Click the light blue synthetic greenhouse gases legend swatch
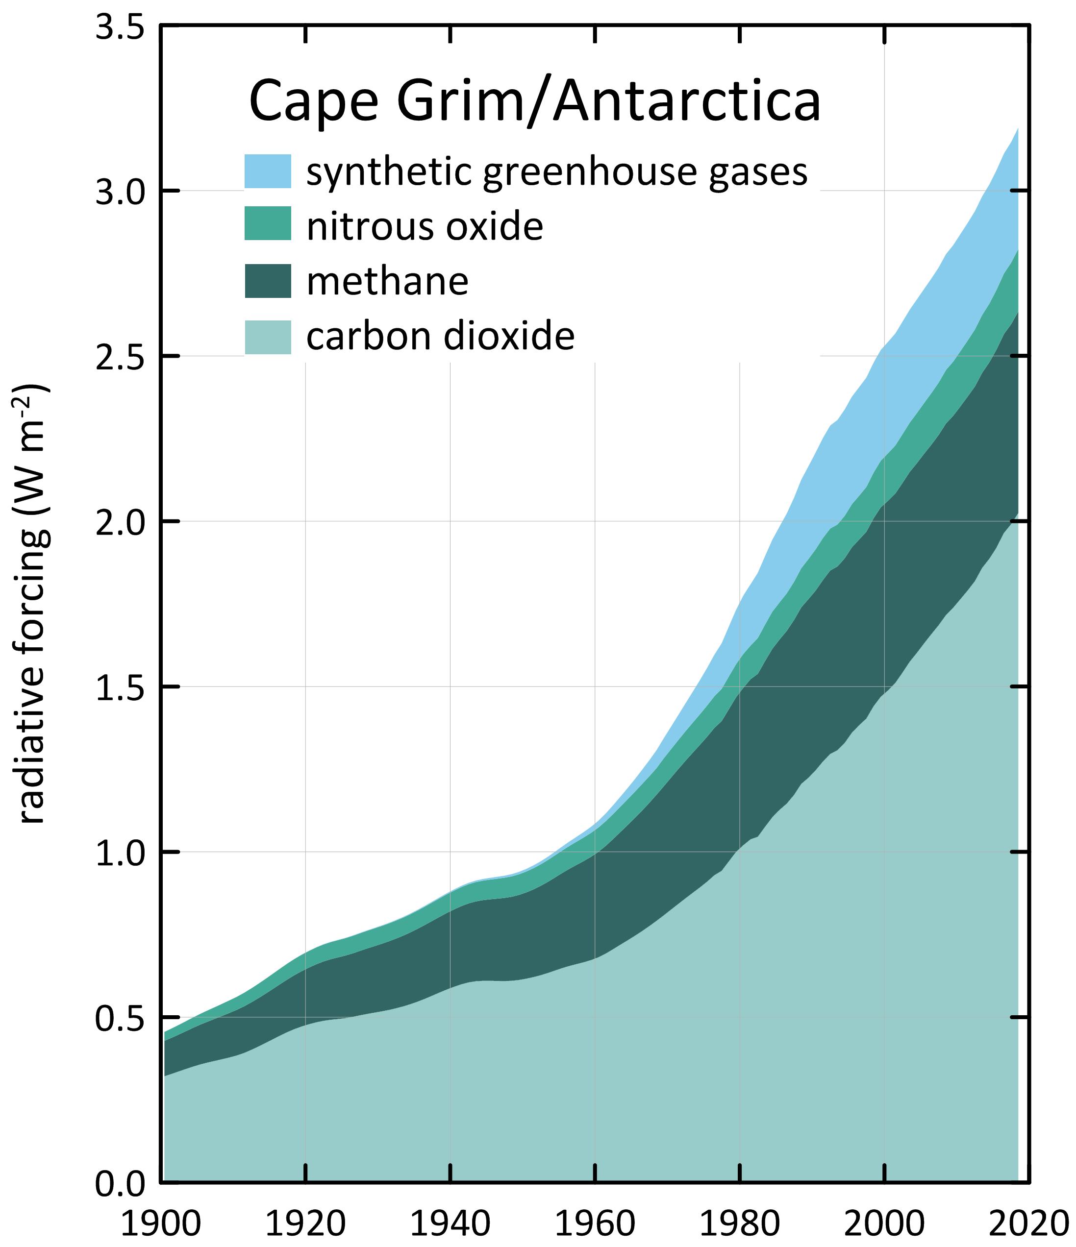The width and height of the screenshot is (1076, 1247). (x=267, y=171)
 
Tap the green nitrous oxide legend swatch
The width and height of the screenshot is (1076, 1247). (x=267, y=224)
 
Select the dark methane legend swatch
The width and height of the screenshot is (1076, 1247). (x=267, y=280)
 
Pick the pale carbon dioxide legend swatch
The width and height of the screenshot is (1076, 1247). (x=267, y=337)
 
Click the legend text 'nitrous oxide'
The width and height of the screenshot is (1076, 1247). (x=425, y=227)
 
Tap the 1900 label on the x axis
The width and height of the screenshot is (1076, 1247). (x=161, y=1223)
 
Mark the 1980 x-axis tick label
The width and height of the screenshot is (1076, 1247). (x=739, y=1223)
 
